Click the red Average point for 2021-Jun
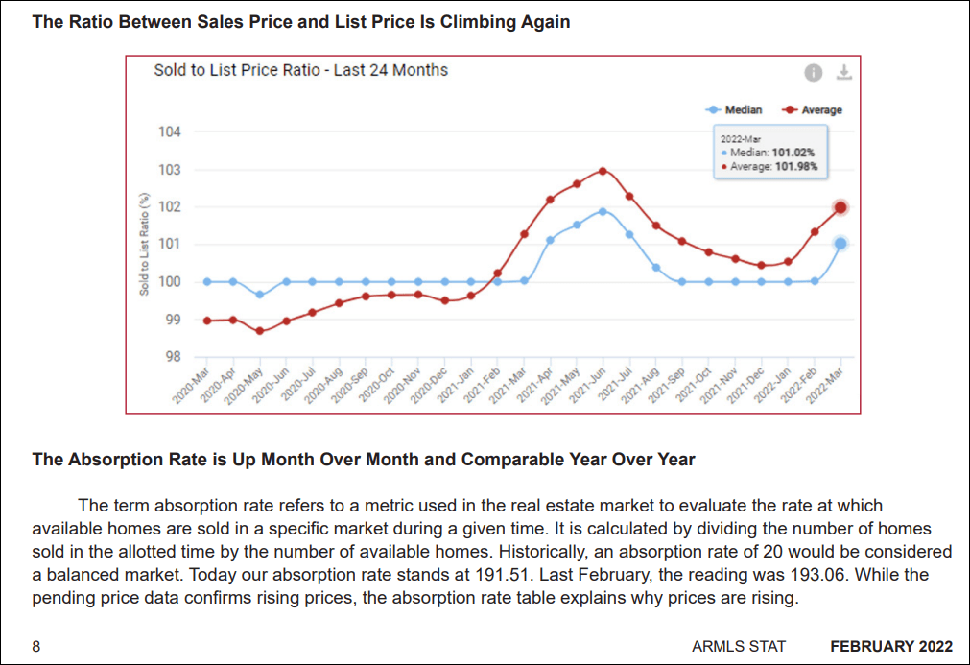click(x=603, y=171)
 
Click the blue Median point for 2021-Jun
click(x=603, y=211)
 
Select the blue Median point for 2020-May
click(x=259, y=295)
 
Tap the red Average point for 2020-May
click(x=259, y=331)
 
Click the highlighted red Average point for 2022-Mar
click(x=840, y=207)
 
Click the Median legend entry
click(x=737, y=110)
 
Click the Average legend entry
click(x=814, y=110)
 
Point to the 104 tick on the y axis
click(x=170, y=131)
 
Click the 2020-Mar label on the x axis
click(x=193, y=387)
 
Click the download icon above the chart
click(x=844, y=73)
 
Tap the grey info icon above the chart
click(x=813, y=73)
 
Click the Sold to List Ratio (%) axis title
click(x=145, y=244)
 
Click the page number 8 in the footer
click(x=36, y=646)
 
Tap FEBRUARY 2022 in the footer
click(x=891, y=646)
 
